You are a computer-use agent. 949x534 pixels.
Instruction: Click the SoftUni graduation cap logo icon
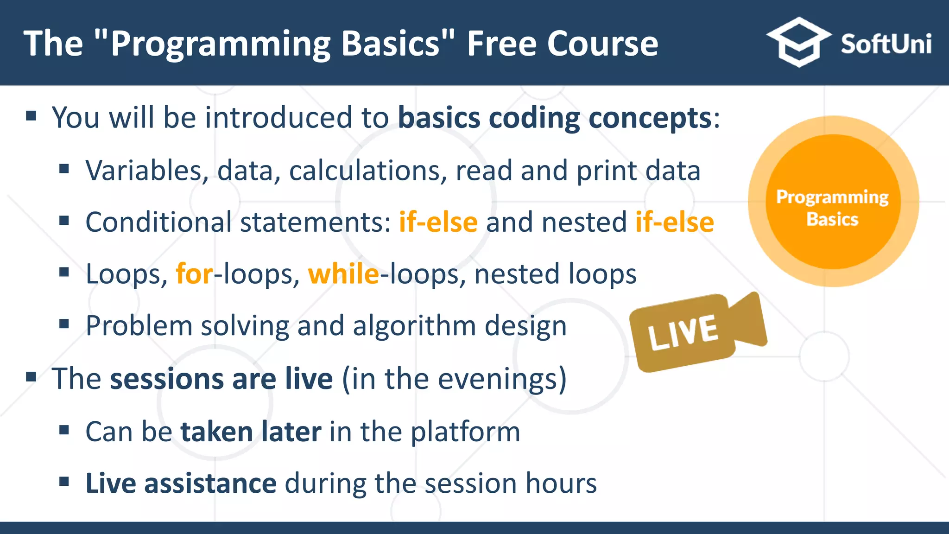[798, 42]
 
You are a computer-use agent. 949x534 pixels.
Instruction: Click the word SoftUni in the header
[886, 44]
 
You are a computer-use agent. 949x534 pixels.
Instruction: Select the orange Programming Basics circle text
[833, 208]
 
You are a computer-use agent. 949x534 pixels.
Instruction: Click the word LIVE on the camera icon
[683, 332]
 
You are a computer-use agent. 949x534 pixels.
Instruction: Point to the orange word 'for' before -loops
[195, 273]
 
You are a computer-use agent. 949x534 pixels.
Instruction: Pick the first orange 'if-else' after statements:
[438, 222]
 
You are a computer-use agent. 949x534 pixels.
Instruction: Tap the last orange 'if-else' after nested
[674, 222]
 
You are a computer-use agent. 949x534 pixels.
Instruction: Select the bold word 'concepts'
[650, 118]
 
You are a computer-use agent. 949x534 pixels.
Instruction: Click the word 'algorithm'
[414, 326]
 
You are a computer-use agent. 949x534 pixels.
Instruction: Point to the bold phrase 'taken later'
[251, 432]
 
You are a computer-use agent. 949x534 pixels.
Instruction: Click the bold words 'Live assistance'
[181, 483]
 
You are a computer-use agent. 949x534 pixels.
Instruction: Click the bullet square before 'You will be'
[31, 115]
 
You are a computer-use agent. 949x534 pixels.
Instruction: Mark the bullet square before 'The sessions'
[31, 376]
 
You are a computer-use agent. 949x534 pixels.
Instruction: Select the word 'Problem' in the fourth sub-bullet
[139, 326]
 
